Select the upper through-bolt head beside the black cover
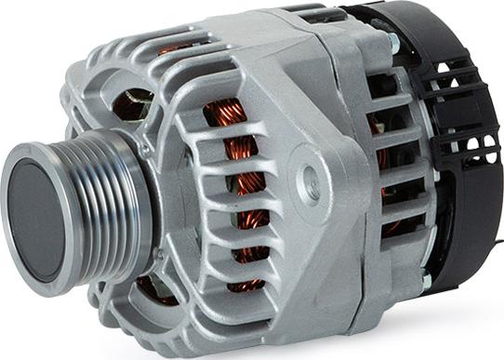click(394, 42)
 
